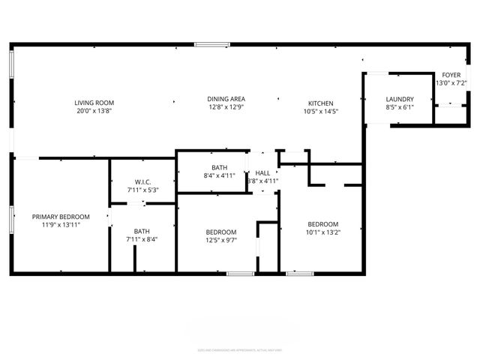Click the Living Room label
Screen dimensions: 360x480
point(94,102)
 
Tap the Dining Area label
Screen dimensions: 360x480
point(226,99)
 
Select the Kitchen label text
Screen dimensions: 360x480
point(320,103)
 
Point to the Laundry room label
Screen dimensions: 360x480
point(400,99)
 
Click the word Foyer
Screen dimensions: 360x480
point(451,75)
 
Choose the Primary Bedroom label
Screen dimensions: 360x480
point(61,217)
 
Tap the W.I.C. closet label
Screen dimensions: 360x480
point(143,182)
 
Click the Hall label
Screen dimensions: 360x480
point(262,173)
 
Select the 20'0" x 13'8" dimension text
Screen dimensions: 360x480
point(94,110)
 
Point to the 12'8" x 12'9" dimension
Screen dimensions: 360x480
point(226,107)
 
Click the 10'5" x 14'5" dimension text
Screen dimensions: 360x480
point(320,112)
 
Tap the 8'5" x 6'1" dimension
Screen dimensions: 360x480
point(400,107)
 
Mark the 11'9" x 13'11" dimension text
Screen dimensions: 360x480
point(61,225)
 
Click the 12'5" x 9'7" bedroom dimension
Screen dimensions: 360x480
point(221,240)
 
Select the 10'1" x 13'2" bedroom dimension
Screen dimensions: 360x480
point(323,232)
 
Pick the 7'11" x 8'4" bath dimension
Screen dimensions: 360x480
point(142,239)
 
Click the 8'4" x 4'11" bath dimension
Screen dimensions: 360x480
point(220,175)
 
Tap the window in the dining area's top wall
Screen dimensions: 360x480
point(211,44)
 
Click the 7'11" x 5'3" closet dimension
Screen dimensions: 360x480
point(143,190)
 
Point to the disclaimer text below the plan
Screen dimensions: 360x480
point(240,349)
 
